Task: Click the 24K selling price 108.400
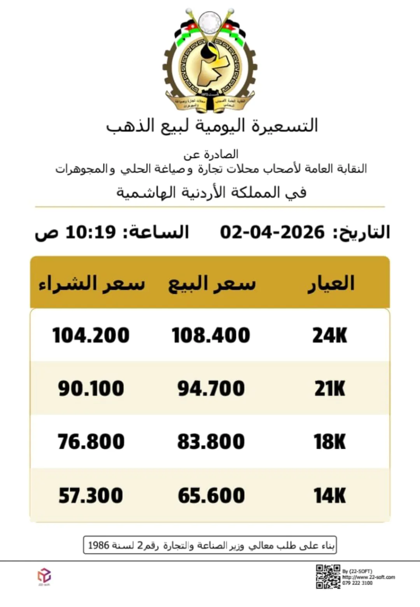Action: click(211, 336)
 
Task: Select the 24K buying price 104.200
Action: click(91, 336)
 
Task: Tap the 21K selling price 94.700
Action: click(211, 389)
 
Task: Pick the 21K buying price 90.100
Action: click(91, 389)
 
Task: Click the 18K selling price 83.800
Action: click(211, 442)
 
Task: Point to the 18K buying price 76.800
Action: click(91, 442)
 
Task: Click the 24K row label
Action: click(330, 336)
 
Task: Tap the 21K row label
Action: click(330, 389)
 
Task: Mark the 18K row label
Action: click(330, 442)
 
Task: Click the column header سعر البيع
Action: click(212, 283)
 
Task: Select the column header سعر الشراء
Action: click(92, 283)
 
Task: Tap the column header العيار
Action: click(331, 283)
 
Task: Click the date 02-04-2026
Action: click(272, 232)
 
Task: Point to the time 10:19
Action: click(91, 232)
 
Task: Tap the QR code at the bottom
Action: click(328, 577)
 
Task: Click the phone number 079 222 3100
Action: click(357, 583)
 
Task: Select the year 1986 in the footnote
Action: click(98, 545)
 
